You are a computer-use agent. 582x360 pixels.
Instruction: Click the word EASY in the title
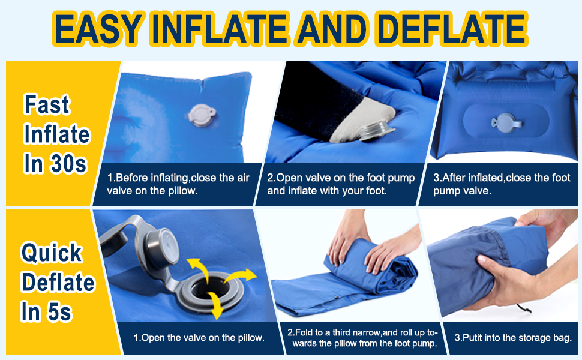pyautogui.click(x=98, y=29)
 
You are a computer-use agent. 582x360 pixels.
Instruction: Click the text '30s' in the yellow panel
pyautogui.click(x=68, y=164)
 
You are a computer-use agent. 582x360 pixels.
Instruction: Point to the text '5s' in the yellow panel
pyautogui.click(x=59, y=312)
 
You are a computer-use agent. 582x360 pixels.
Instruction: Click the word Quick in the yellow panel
pyautogui.click(x=52, y=253)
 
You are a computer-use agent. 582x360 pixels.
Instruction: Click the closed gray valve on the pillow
pyautogui.click(x=202, y=115)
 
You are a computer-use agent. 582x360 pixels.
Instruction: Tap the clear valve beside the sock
pyautogui.click(x=376, y=131)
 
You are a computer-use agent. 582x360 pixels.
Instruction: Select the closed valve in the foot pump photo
pyautogui.click(x=506, y=122)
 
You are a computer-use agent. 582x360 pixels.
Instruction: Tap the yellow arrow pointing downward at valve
pyautogui.click(x=215, y=305)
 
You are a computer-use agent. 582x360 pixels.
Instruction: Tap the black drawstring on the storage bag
pyautogui.click(x=524, y=308)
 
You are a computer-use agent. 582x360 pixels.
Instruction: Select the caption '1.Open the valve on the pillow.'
pyautogui.click(x=199, y=338)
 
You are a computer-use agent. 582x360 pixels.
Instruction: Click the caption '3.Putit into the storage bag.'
pyautogui.click(x=513, y=338)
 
